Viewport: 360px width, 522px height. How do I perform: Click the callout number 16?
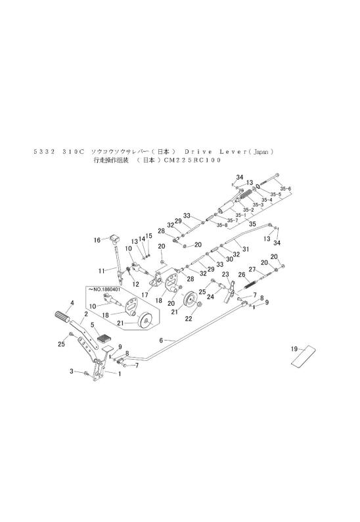click(x=97, y=240)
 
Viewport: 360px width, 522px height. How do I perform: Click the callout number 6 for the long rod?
click(x=161, y=340)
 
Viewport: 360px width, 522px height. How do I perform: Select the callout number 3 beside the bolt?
click(x=72, y=372)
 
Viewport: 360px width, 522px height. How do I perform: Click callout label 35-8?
click(x=221, y=225)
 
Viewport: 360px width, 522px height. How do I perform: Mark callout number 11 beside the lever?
click(x=102, y=270)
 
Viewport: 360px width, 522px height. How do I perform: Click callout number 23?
click(x=225, y=274)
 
